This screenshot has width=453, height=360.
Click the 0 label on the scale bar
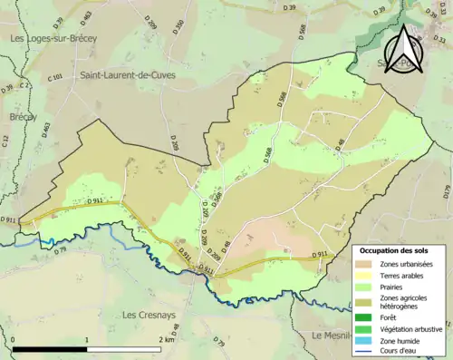(x=14, y=339)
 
